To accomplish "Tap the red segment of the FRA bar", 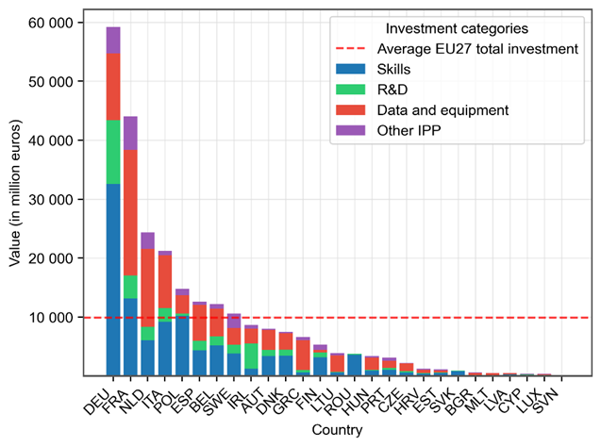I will coord(130,213).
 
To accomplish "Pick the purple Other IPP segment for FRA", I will coord(130,133).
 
